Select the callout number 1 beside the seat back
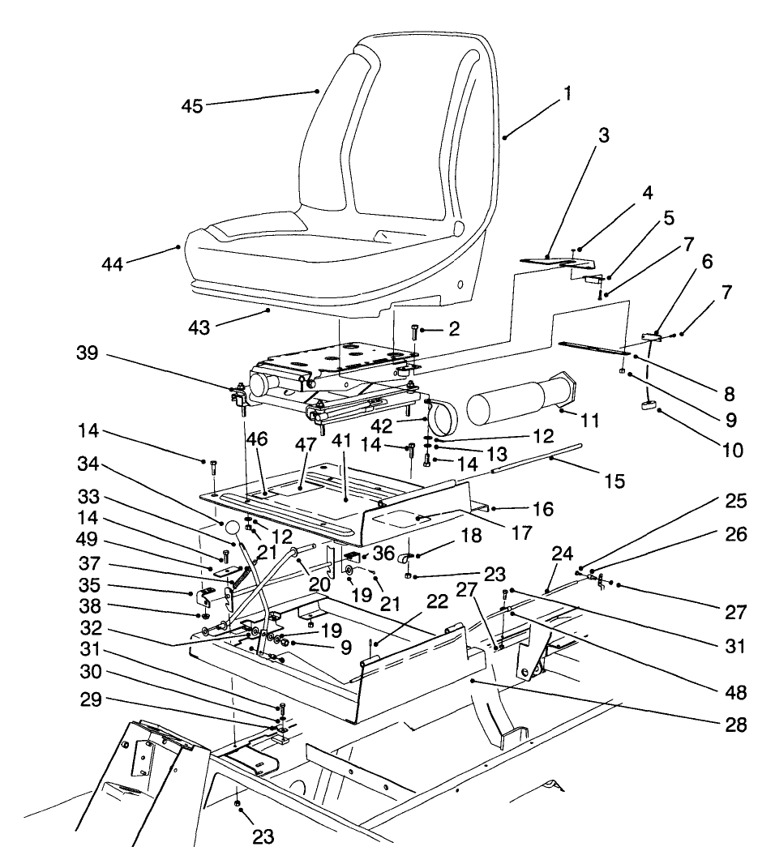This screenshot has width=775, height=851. click(567, 93)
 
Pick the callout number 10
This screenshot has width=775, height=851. click(732, 449)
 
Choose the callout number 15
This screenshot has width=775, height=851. click(614, 481)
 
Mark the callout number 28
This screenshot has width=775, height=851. click(736, 724)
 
